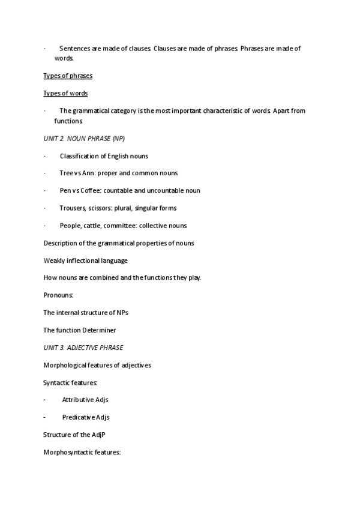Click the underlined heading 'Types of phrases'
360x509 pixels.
click(x=68, y=76)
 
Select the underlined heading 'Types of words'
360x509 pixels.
click(x=65, y=94)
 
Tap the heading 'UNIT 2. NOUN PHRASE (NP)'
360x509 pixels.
click(x=85, y=139)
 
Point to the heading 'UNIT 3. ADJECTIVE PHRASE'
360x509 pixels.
click(x=83, y=348)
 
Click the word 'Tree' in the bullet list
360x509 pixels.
click(x=66, y=173)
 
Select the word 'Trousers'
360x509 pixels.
click(x=73, y=208)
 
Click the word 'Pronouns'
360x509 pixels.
click(x=58, y=295)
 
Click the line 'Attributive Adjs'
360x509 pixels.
click(x=85, y=400)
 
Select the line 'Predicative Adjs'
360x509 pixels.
click(x=85, y=417)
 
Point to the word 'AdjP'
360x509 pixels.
click(x=98, y=435)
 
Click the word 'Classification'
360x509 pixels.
click(x=79, y=156)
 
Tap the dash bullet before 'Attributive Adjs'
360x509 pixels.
click(x=45, y=400)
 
